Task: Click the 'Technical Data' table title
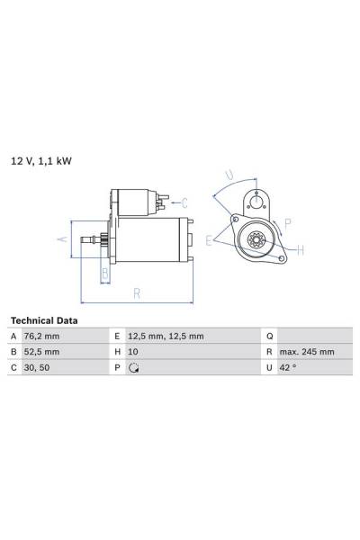(43, 320)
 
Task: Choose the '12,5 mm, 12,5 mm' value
(166, 336)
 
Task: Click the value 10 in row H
(133, 352)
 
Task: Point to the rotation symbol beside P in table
(134, 368)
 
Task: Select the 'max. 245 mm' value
(305, 352)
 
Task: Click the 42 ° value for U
(288, 367)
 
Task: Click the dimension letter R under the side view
(136, 292)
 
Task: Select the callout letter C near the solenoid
(184, 202)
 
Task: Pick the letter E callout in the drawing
(208, 240)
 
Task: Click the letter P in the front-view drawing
(287, 222)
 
